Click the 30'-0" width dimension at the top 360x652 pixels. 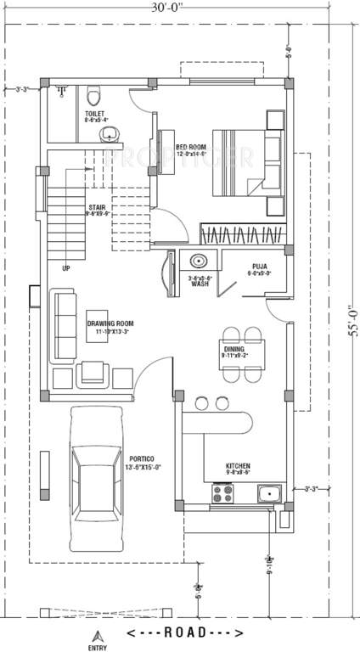(170, 8)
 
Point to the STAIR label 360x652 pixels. (96, 210)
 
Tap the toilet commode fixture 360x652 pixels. (94, 93)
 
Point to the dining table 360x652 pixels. (242, 348)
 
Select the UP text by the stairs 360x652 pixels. (65, 269)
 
